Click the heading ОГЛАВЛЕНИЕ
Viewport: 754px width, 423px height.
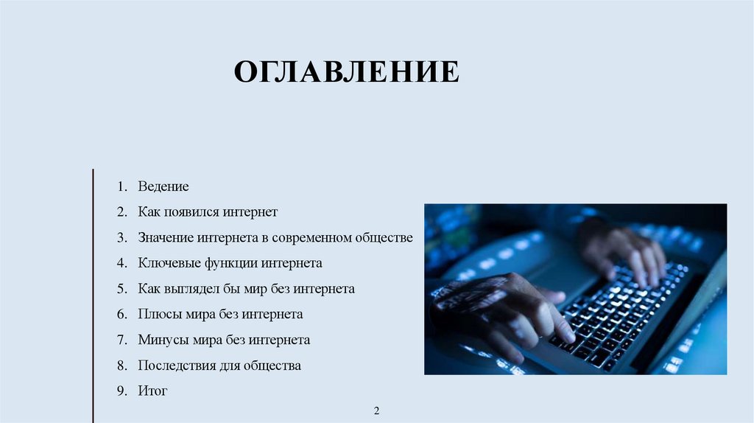tap(346, 73)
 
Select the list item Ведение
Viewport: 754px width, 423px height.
tap(163, 186)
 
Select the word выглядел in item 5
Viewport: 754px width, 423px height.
tap(193, 289)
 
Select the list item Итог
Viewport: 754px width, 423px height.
tap(152, 391)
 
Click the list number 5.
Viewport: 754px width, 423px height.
tap(121, 289)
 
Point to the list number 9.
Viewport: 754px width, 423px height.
tap(121, 391)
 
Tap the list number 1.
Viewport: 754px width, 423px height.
tap(121, 186)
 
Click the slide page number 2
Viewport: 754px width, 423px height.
tap(376, 410)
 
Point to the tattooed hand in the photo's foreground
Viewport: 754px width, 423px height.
tap(501, 310)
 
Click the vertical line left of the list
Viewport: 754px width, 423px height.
tap(94, 295)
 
